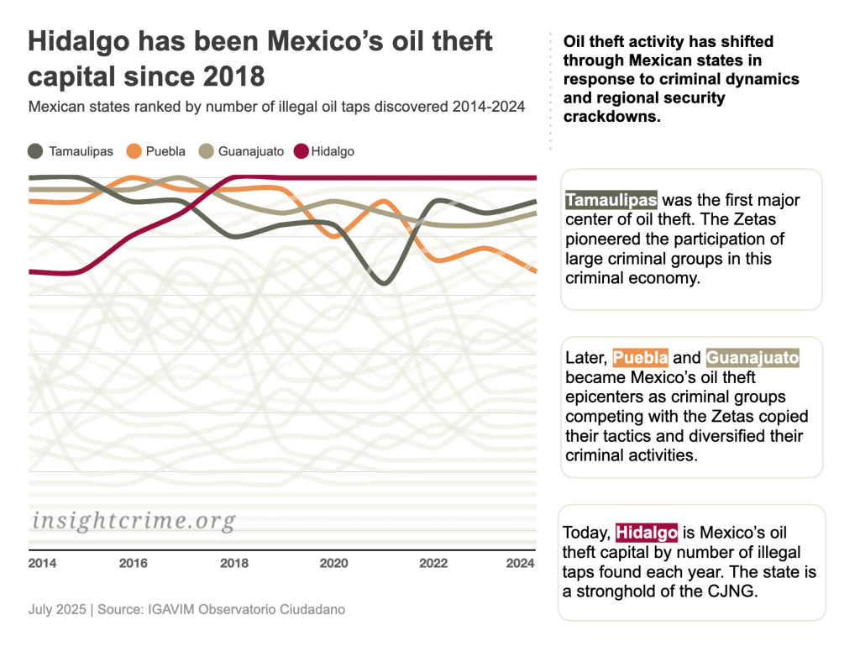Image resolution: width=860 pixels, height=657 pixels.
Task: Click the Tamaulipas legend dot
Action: pos(36,151)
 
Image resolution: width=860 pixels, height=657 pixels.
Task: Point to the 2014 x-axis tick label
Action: pos(42,563)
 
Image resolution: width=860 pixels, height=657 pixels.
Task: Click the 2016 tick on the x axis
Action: pos(134,563)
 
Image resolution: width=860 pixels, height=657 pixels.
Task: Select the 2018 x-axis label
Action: pos(234,563)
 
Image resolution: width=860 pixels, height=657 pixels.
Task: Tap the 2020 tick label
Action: pos(333,563)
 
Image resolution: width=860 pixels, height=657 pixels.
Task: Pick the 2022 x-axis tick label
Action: pos(433,563)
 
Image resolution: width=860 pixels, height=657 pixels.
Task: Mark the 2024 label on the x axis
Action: pos(521,563)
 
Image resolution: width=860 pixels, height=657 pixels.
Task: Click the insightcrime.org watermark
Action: pos(134,521)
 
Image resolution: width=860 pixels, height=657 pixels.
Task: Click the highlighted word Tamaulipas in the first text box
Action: pos(611,200)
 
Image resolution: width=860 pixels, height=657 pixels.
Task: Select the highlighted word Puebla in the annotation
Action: pos(640,358)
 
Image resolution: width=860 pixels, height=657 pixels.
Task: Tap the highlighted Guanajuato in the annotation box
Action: pos(752,358)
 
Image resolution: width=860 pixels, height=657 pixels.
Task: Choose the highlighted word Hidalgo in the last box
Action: pos(646,533)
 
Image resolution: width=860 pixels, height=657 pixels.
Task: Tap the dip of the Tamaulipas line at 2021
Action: pos(384,281)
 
